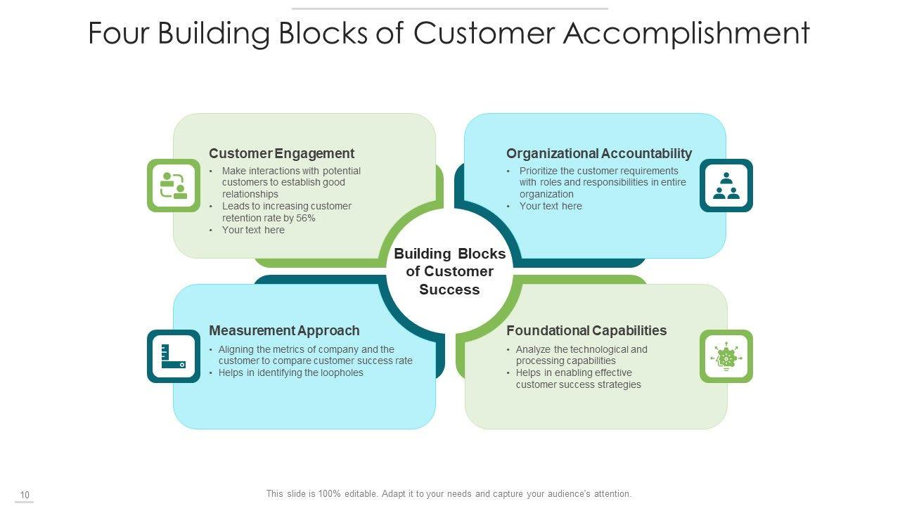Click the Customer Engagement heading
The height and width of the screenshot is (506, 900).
pyautogui.click(x=281, y=153)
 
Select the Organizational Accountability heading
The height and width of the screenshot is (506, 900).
pyautogui.click(x=598, y=153)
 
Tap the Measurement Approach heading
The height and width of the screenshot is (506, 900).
pyautogui.click(x=284, y=330)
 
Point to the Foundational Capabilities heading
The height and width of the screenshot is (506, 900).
pyautogui.click(x=586, y=330)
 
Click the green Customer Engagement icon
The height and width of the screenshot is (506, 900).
pyautogui.click(x=174, y=186)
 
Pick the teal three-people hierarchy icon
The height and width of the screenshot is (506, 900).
pyautogui.click(x=726, y=186)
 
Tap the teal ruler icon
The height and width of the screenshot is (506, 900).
pyautogui.click(x=174, y=356)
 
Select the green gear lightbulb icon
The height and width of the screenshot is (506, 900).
pyautogui.click(x=726, y=356)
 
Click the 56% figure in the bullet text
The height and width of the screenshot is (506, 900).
pyautogui.click(x=305, y=218)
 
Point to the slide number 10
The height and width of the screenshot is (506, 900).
pyautogui.click(x=25, y=495)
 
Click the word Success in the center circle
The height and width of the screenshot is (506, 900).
pyautogui.click(x=449, y=290)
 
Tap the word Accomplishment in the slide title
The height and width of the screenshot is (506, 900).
pyautogui.click(x=686, y=34)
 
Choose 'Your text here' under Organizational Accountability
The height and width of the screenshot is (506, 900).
pyautogui.click(x=551, y=206)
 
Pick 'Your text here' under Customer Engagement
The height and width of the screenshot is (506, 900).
pyautogui.click(x=253, y=230)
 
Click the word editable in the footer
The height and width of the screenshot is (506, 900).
pyautogui.click(x=361, y=494)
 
